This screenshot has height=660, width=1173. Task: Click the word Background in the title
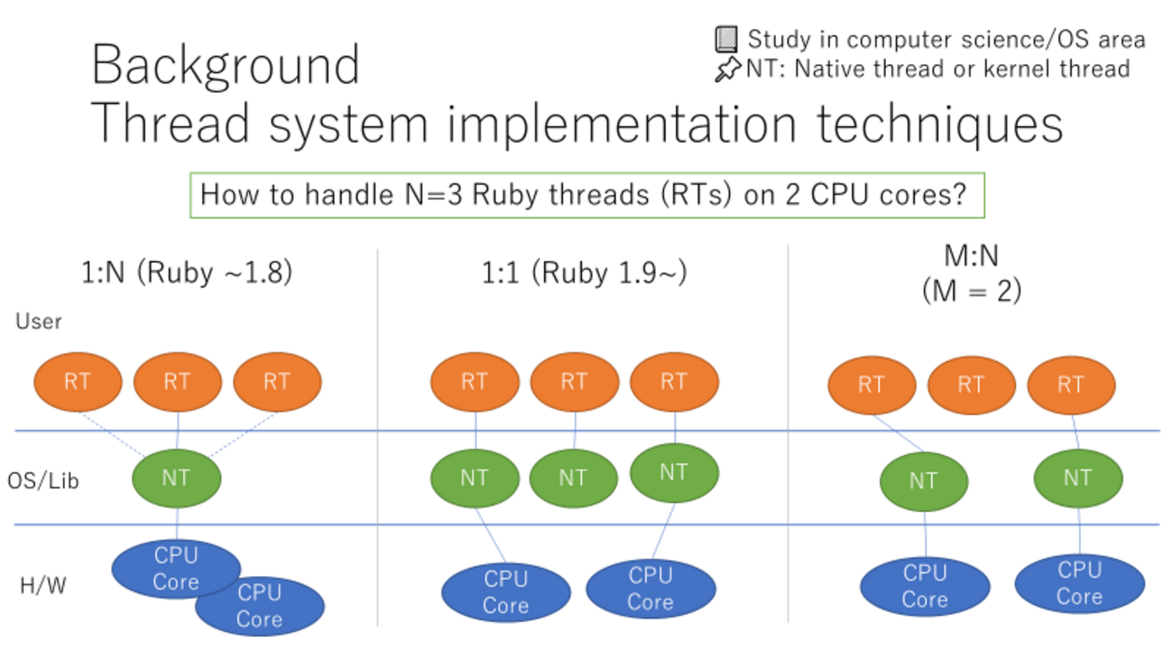226,65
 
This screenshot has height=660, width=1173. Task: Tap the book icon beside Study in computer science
726,39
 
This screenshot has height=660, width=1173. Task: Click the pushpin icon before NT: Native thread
727,70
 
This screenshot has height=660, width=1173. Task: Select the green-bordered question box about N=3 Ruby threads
586,195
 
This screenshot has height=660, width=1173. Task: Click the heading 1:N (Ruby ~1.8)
186,273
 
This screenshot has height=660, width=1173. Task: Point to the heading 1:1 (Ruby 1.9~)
584,273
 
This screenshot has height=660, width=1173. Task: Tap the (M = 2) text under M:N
971,291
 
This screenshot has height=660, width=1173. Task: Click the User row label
38,321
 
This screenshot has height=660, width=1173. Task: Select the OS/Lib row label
43,480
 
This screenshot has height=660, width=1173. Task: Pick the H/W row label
43,586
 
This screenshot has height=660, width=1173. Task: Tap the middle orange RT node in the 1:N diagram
177,382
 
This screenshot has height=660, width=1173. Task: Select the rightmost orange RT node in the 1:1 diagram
674,382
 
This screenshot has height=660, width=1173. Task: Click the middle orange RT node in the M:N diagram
971,386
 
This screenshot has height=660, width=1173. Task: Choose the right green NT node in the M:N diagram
1077,479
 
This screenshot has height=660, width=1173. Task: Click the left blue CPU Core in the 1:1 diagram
505,592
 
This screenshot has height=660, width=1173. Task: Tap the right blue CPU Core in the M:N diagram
1079,583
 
